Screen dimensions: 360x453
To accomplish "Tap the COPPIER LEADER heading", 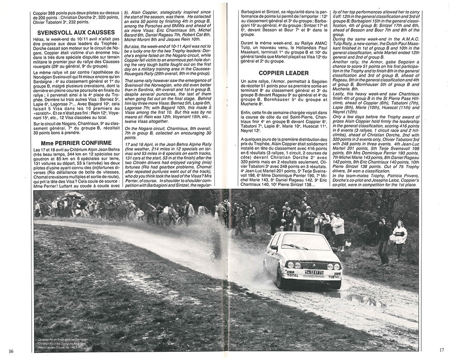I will (284, 73).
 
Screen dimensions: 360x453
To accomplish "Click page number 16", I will (11, 350).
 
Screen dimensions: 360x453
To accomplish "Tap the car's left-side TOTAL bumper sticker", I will (292, 275).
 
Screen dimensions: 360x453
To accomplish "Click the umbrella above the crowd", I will (74, 195).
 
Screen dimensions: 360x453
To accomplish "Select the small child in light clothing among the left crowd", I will (140, 214).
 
